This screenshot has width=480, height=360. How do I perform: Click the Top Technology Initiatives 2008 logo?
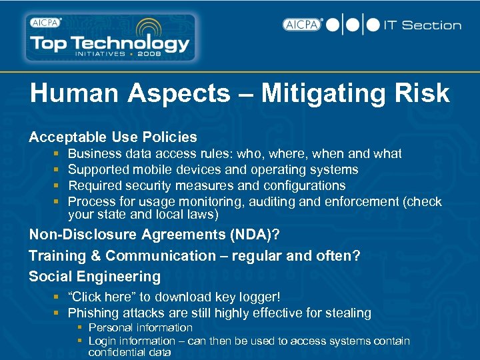point(110,38)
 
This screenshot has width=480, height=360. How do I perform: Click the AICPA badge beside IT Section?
point(302,25)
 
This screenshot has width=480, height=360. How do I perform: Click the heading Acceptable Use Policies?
point(113,137)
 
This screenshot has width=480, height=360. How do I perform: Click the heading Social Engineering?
point(95,277)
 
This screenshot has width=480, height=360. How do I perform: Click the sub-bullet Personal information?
point(140,328)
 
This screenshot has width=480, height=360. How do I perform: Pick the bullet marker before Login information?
point(79,341)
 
